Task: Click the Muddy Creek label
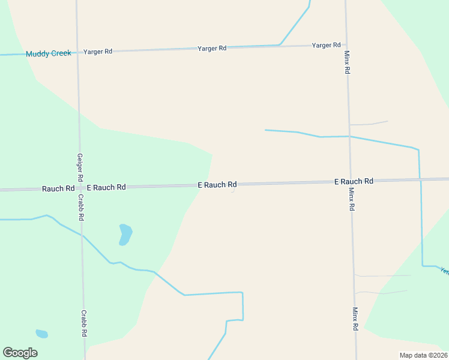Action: [48, 53]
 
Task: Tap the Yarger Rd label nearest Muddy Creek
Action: [98, 52]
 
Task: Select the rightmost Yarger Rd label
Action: [326, 45]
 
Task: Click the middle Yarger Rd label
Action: [212, 48]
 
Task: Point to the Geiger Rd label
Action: [79, 168]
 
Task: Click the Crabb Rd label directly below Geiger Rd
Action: [80, 208]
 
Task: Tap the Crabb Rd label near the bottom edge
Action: [85, 323]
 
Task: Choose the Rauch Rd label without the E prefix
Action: [58, 188]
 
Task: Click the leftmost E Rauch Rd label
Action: [106, 187]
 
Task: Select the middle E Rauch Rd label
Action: [217, 185]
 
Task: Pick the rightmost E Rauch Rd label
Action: [354, 181]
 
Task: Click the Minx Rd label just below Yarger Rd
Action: [347, 62]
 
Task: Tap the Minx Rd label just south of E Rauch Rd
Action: [352, 199]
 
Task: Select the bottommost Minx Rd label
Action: [355, 319]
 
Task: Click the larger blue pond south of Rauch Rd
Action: [125, 234]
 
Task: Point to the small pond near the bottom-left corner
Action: [41, 334]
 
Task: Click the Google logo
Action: [20, 353]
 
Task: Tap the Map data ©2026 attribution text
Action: [423, 355]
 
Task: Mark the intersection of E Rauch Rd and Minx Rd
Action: [351, 181]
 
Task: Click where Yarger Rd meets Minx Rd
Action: [346, 45]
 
